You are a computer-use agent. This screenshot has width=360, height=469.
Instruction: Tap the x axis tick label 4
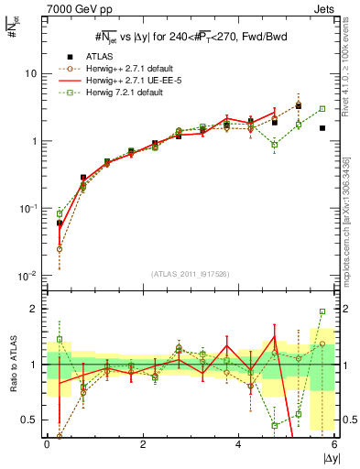(238, 444)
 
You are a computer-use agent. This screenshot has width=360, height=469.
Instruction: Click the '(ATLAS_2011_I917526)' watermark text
(190, 273)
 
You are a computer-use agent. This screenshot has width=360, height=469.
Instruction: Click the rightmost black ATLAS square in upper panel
(322, 128)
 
